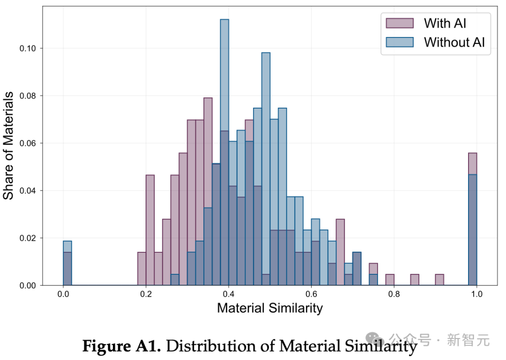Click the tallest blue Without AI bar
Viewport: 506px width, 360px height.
pyautogui.click(x=224, y=140)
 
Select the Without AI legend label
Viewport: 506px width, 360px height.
pyautogui.click(x=454, y=42)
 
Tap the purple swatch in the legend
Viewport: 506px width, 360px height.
pyautogui.click(x=400, y=23)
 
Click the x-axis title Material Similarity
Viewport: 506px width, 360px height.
pyautogui.click(x=270, y=308)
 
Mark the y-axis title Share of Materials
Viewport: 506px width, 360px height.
pyautogui.click(x=9, y=146)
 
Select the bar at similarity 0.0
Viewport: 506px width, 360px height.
pyautogui.click(x=67, y=267)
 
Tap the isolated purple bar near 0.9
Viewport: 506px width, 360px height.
pyautogui.click(x=439, y=280)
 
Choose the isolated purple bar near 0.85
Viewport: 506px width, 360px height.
pyautogui.click(x=415, y=280)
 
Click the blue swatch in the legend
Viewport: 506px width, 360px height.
pyautogui.click(x=400, y=42)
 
